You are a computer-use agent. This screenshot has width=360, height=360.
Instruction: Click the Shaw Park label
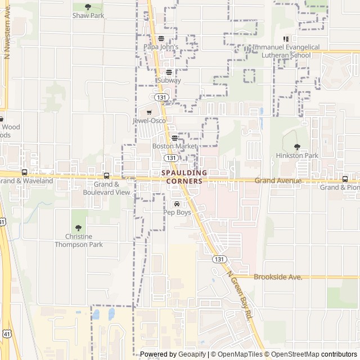[x=88, y=16]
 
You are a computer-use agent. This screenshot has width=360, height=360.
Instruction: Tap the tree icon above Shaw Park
[x=88, y=7]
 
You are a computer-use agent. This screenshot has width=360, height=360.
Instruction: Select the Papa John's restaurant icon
[x=161, y=39]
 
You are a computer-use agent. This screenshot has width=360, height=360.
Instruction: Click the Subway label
[x=169, y=80]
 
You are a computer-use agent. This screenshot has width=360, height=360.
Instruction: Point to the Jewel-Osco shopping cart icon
[x=149, y=112]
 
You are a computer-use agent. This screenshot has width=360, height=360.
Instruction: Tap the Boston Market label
[x=175, y=146]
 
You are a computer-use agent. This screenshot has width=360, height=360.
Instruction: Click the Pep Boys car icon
[x=177, y=204]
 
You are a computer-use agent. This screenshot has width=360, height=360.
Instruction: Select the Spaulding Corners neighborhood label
[x=184, y=177]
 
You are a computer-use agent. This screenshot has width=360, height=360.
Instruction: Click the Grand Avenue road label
[x=278, y=181]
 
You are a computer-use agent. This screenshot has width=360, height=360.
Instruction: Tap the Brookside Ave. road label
[x=278, y=277]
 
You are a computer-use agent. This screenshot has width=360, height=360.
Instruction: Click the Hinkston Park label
[x=297, y=155]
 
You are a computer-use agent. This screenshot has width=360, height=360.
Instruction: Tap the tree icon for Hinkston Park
[x=297, y=147]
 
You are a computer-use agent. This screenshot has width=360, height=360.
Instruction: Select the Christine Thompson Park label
[x=79, y=241]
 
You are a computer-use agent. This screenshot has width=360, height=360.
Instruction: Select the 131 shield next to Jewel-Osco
[x=162, y=97]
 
